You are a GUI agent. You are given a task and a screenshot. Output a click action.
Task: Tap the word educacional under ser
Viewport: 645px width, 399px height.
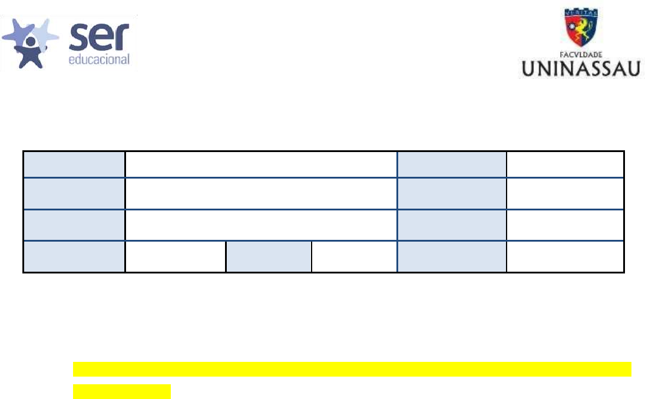coord(99,60)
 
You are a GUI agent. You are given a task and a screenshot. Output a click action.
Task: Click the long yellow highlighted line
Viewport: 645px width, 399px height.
coord(352,370)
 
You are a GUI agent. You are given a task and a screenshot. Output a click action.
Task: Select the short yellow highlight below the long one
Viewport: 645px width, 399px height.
coord(121,391)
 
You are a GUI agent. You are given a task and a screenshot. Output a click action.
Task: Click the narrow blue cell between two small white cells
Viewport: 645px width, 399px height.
coord(269,256)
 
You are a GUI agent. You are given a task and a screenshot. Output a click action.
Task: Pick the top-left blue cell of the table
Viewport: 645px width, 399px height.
coord(74,164)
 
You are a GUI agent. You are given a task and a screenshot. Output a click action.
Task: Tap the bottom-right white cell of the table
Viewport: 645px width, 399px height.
coord(565,256)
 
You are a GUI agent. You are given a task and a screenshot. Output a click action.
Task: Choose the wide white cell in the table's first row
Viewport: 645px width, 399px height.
coord(261,164)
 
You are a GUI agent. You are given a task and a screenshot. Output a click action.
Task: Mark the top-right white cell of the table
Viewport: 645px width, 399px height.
coord(565,164)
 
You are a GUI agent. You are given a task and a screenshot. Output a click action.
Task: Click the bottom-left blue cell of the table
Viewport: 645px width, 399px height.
coord(74,256)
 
